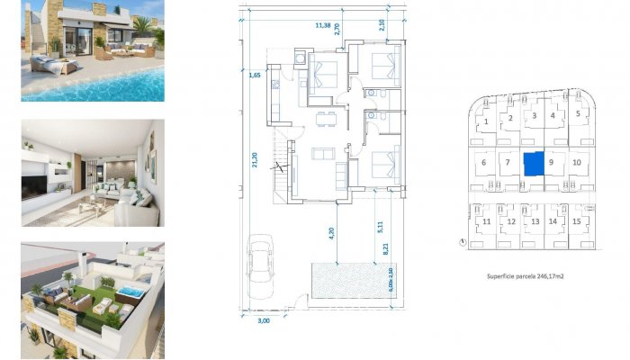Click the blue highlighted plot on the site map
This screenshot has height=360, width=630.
pos(535,164)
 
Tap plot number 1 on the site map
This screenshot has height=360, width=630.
pos(486,121)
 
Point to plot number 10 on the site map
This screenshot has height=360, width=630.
pos(577,163)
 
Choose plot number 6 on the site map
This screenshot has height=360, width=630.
pos(483,163)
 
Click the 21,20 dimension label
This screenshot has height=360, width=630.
pos(256,161)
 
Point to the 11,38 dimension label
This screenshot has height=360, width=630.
pos(322,26)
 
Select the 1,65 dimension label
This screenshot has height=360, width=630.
pos(255,76)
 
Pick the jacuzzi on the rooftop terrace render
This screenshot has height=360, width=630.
pos(132,293)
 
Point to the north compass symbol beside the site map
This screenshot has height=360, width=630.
pos(461,241)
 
